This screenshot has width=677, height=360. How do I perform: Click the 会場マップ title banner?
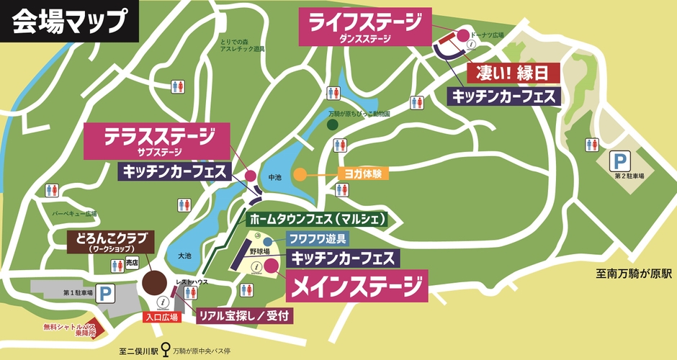[x=69, y=22]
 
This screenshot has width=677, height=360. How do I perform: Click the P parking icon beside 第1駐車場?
[x=106, y=294]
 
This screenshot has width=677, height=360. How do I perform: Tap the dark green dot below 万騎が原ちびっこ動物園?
[x=333, y=125]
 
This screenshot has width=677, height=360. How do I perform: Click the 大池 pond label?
[x=185, y=255]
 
